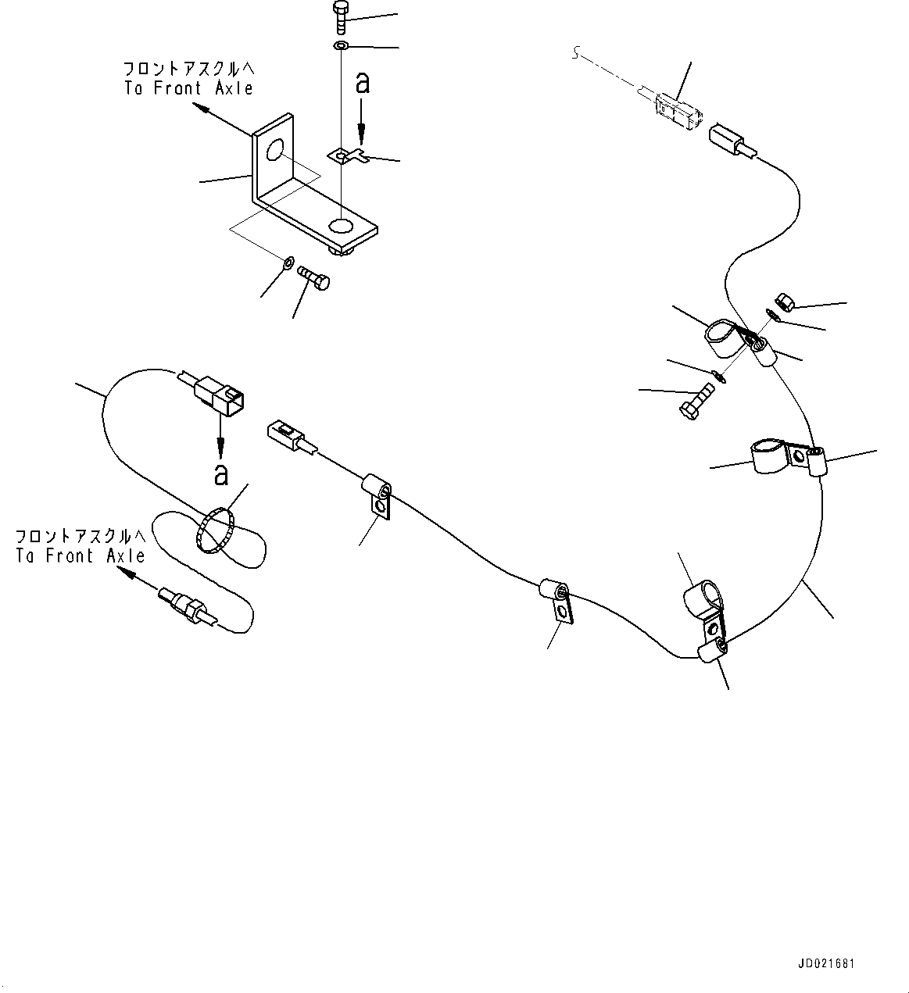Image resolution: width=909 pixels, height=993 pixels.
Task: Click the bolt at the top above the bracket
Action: [340, 17]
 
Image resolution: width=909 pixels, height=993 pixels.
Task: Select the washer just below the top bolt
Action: [340, 47]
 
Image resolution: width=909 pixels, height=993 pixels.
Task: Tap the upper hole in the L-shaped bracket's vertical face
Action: [274, 150]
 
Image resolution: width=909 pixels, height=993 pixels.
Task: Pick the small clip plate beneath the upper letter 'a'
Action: [347, 156]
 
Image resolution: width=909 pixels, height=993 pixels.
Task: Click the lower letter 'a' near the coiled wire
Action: [221, 473]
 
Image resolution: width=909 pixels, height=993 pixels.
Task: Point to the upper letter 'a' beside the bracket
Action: [362, 82]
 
